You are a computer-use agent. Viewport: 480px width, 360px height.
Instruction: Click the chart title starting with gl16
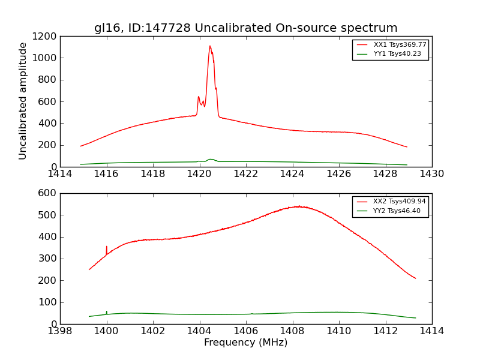(x=245, y=28)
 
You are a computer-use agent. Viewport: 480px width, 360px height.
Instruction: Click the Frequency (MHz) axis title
(x=245, y=343)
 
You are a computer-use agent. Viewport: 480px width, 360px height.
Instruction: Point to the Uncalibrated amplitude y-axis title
(x=23, y=101)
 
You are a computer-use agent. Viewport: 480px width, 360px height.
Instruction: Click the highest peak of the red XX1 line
(x=210, y=46)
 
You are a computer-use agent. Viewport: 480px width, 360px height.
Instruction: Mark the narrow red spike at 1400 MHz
(x=107, y=247)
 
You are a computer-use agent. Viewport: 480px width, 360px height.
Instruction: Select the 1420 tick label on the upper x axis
(x=199, y=174)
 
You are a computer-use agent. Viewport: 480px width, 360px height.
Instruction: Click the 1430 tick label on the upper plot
(x=431, y=174)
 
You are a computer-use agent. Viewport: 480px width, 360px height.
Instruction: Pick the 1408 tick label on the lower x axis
(x=292, y=331)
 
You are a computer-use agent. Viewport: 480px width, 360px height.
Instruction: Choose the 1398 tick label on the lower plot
(x=60, y=331)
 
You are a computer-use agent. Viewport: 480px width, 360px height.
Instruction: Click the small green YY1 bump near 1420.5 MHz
(x=210, y=159)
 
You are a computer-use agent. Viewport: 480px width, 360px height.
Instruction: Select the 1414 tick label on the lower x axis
(x=431, y=331)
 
